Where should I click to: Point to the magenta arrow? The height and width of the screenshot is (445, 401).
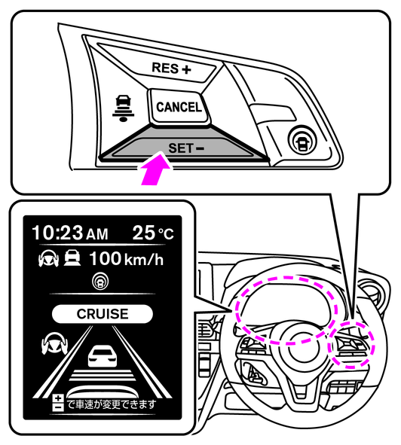point(156,169)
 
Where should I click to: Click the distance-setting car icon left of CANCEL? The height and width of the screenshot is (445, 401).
point(124,108)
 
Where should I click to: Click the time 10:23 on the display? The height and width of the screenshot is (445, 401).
point(57,233)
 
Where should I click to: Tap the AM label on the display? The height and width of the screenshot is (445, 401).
point(97,235)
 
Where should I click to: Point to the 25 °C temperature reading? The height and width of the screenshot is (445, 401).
point(153,233)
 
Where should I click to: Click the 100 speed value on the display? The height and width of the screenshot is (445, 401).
point(106,258)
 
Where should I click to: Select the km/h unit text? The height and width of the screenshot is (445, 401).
point(144,259)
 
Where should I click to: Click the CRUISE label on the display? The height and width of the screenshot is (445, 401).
point(103,314)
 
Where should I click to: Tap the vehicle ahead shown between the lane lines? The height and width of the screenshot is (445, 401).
point(103,356)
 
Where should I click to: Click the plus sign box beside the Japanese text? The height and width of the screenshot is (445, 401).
point(58,398)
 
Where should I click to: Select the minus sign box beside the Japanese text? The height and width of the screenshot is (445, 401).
point(58,407)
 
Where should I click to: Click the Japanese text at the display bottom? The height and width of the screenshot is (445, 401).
point(111,404)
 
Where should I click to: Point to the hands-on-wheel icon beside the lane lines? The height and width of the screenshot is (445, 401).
point(54,344)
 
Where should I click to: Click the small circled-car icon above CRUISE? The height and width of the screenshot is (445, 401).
point(100,282)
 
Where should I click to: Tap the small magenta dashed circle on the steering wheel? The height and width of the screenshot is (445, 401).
point(351,345)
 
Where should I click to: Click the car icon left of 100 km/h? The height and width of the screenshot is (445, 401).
point(72,258)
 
